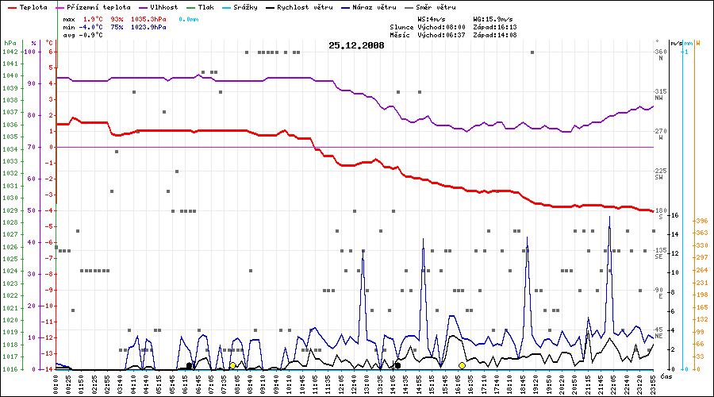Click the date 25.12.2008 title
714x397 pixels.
click(x=356, y=45)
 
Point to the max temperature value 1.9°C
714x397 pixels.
click(x=95, y=17)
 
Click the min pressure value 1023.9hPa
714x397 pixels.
click(x=149, y=26)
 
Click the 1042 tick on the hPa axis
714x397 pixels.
click(x=10, y=52)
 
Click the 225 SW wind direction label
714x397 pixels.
click(x=658, y=174)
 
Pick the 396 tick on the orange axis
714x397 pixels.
click(x=701, y=222)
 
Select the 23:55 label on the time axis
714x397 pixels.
click(x=653, y=383)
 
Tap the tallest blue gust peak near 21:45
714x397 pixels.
click(x=609, y=216)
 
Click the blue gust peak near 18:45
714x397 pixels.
click(x=526, y=237)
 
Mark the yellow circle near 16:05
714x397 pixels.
click(x=462, y=365)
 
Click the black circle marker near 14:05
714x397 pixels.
click(x=397, y=365)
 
